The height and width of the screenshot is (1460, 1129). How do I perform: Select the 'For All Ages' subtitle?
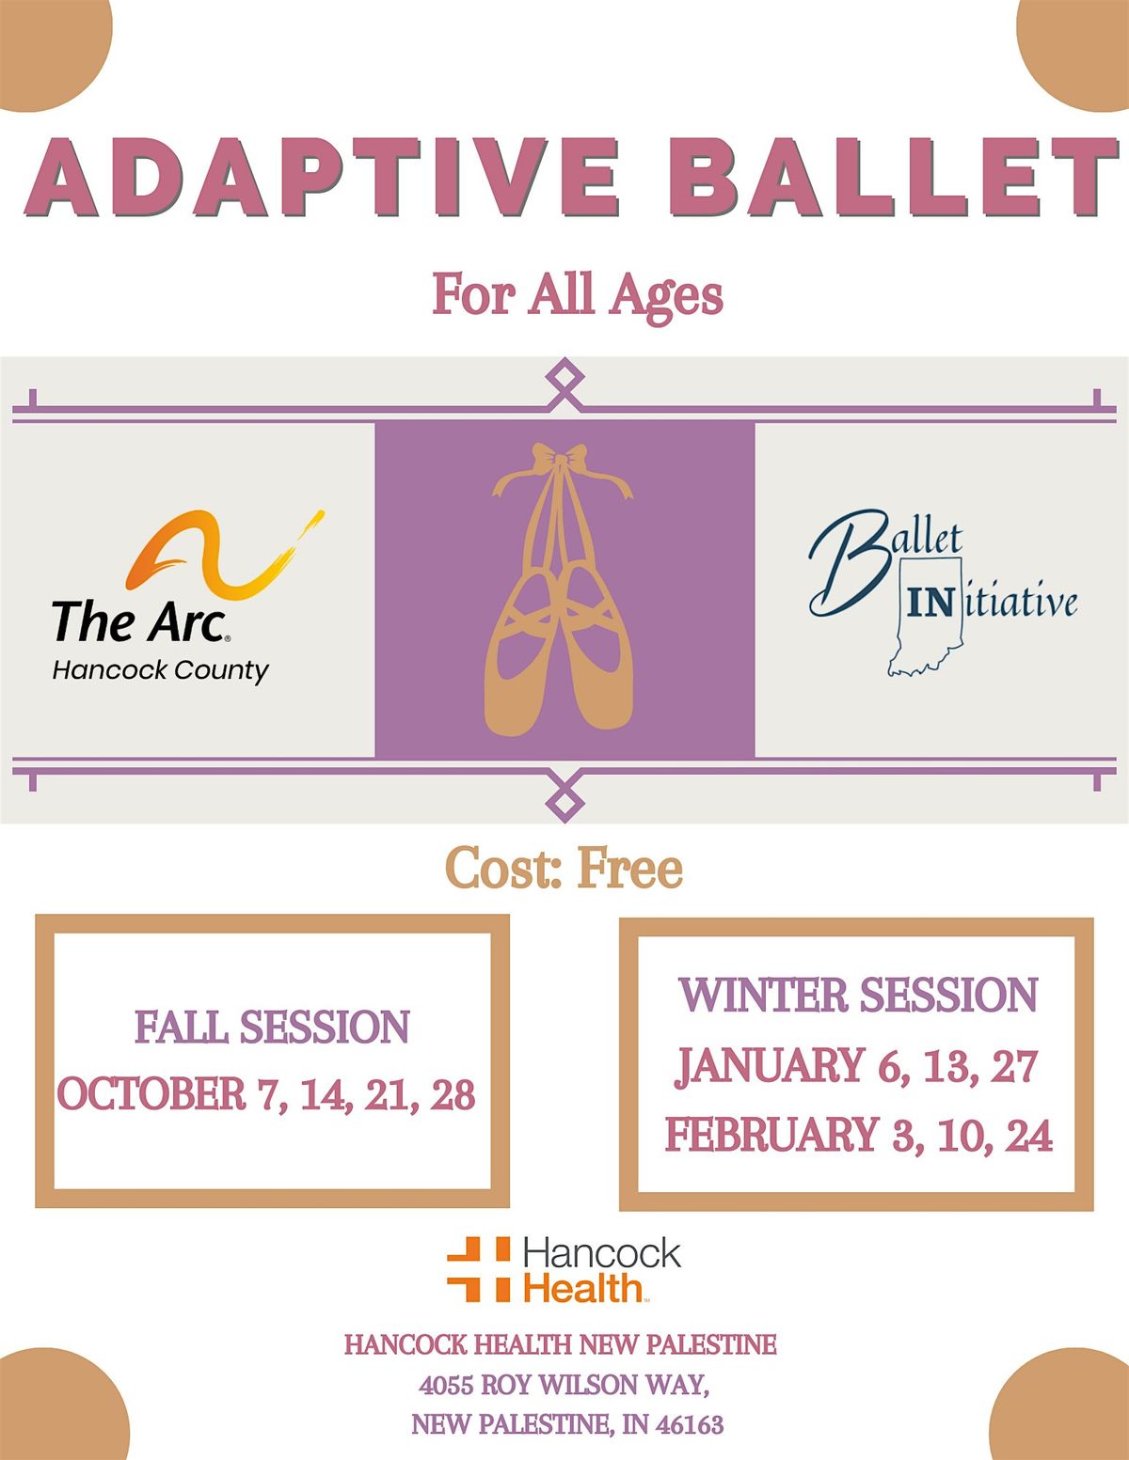pos(577,294)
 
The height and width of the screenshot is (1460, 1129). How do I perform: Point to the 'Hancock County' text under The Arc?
pos(160,670)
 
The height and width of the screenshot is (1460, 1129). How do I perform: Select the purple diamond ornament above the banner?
pos(564,378)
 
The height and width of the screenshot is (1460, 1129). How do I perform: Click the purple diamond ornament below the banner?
pos(564,802)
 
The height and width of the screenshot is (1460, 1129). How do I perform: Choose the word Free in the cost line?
pos(629,868)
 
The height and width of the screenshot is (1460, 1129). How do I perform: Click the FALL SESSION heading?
pos(272,1027)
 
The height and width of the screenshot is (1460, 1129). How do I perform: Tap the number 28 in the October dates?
pos(453,1095)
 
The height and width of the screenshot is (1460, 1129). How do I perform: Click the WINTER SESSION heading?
pos(857,996)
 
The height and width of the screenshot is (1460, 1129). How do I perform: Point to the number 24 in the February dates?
pos(1028,1136)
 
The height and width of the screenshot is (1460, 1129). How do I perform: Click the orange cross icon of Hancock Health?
pos(478,1269)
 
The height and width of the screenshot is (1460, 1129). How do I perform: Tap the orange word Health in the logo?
pos(583,1288)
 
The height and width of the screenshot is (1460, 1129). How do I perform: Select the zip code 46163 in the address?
pos(689,1425)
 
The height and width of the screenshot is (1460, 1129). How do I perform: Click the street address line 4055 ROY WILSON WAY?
pos(564,1385)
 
